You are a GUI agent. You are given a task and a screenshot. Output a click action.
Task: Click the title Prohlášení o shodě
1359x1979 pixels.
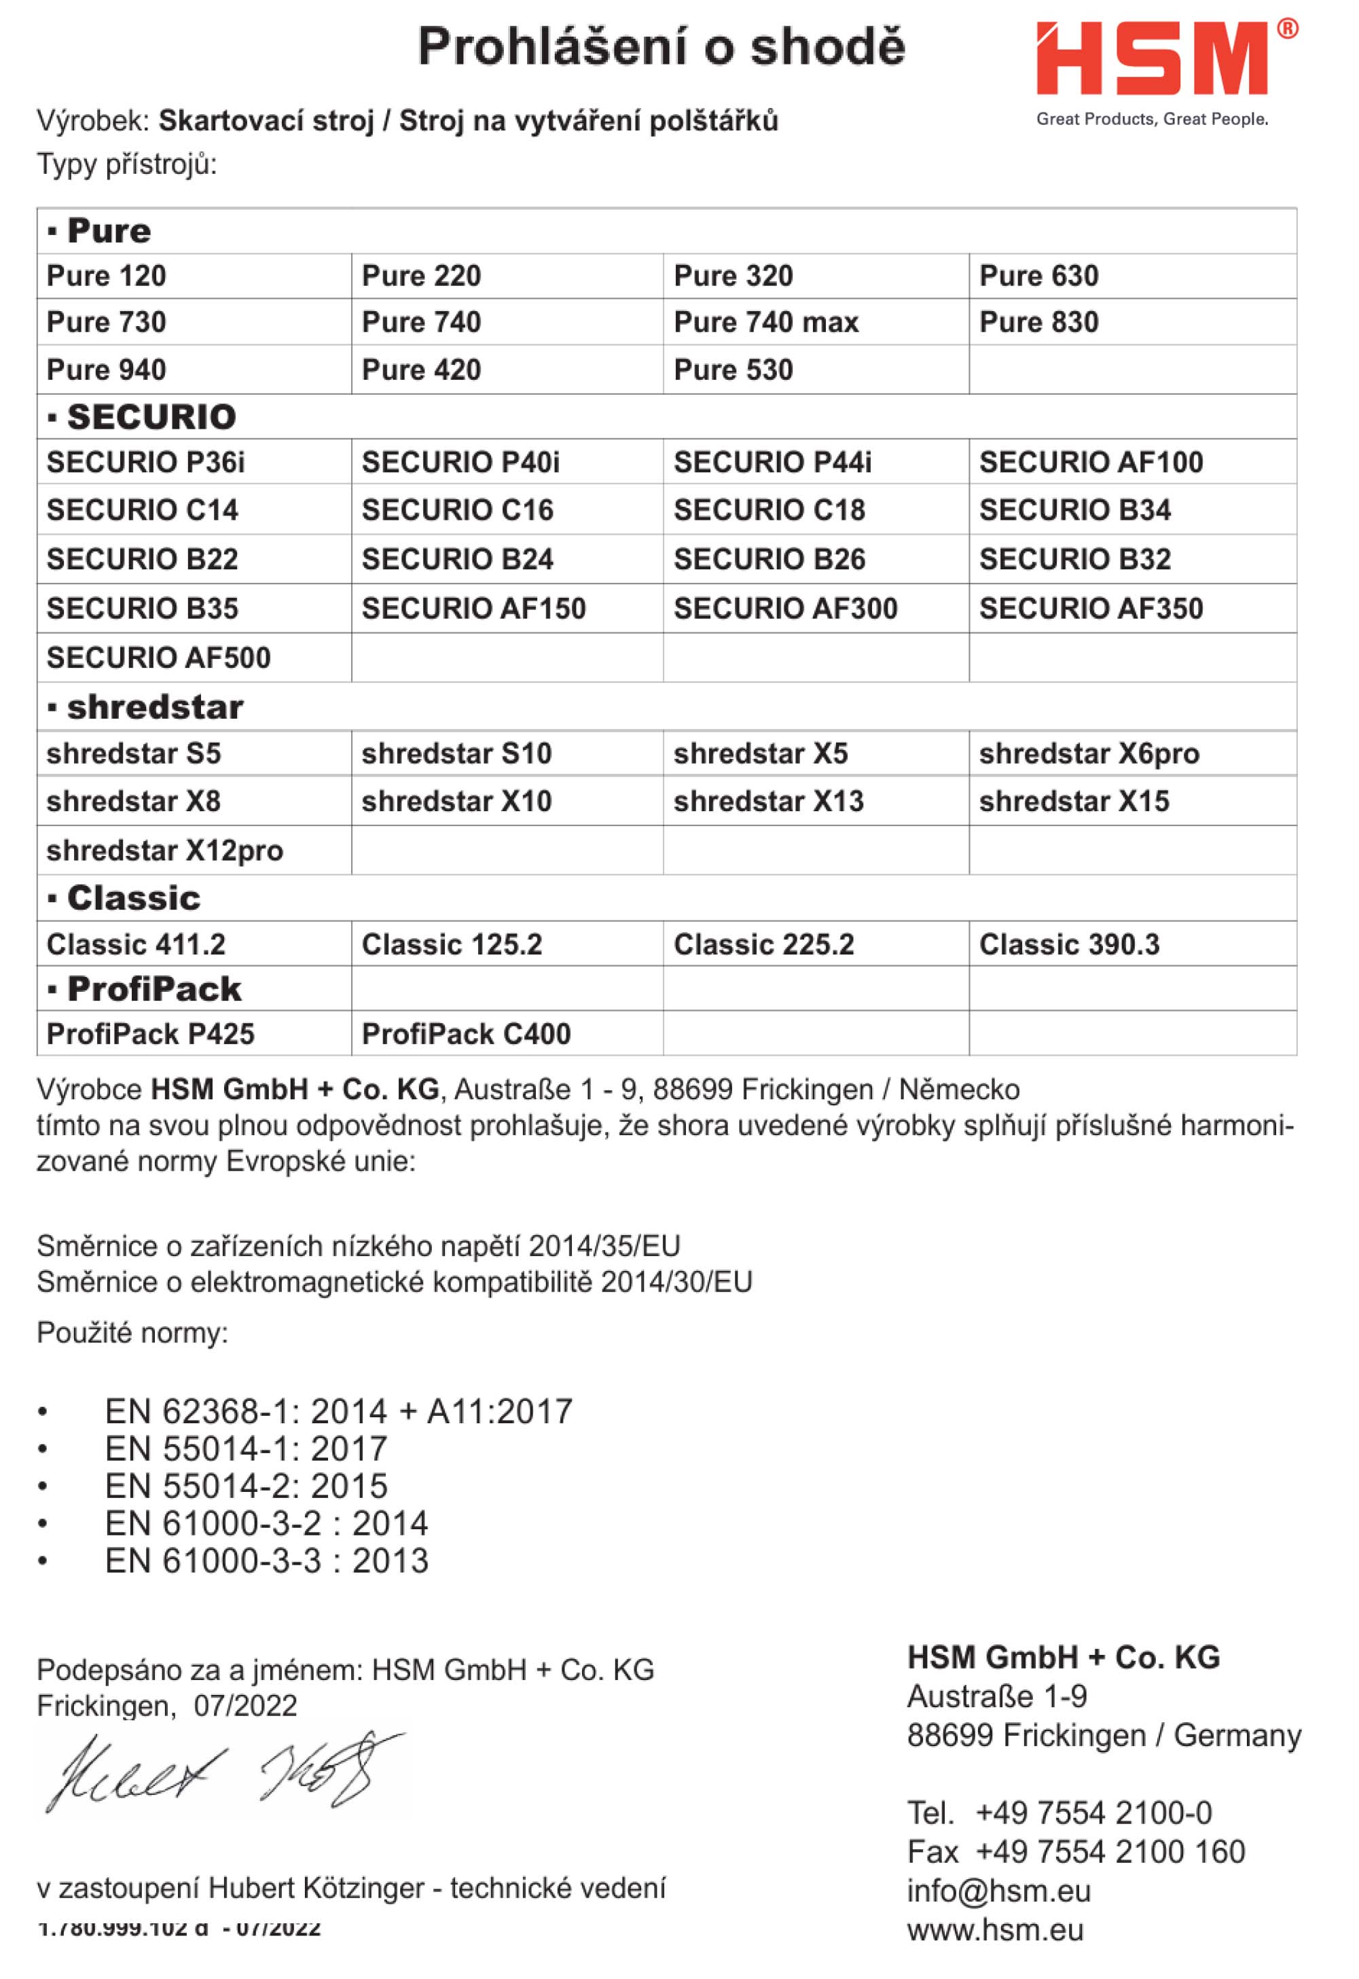(662, 46)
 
